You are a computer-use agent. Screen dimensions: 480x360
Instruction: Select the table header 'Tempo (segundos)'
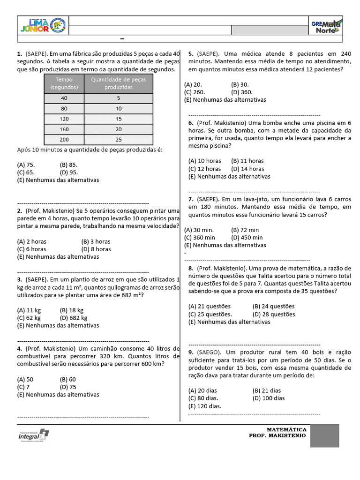point(64,83)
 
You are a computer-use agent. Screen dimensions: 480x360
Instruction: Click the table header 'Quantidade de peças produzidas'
point(118,83)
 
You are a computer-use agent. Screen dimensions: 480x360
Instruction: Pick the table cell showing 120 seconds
point(64,119)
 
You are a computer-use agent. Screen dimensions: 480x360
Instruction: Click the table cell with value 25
point(118,140)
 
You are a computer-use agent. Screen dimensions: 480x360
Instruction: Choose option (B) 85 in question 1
point(69,165)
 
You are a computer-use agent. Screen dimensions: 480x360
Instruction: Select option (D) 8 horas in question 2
point(96,249)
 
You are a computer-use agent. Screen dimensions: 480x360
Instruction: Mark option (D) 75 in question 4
point(68,387)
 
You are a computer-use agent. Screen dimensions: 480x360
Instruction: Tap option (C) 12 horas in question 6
point(204,169)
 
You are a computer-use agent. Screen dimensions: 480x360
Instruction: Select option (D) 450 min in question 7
point(247,237)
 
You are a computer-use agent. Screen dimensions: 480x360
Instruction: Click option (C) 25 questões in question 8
point(210,314)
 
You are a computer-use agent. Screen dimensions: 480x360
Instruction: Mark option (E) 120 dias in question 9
point(205,406)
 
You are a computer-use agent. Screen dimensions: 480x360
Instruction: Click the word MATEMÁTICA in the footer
point(286,429)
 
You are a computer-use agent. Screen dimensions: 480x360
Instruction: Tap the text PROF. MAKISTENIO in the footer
point(277,435)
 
